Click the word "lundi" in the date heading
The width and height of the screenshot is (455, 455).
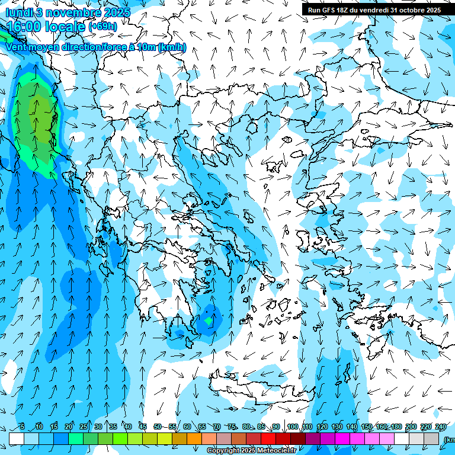pos(20,12)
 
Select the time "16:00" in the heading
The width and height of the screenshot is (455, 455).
pos(27,27)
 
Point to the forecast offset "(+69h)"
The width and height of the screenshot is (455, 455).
pos(102,27)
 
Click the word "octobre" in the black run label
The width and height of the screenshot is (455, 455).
pos(409,10)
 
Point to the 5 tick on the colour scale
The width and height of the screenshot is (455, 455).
pos(22,427)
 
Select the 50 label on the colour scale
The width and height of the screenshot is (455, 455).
pos(157,427)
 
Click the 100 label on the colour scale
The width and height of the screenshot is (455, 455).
pos(293,427)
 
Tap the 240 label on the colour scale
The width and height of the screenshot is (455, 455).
pos(441,427)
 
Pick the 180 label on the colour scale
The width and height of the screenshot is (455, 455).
pos(396,427)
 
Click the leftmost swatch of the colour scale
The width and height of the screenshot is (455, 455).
pos(17,438)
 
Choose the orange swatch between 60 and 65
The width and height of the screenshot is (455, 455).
pos(194,438)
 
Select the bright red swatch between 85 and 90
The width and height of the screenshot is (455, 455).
pos(268,438)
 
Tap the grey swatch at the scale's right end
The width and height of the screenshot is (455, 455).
pos(431,438)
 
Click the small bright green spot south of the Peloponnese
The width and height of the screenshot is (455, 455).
pos(208,320)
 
